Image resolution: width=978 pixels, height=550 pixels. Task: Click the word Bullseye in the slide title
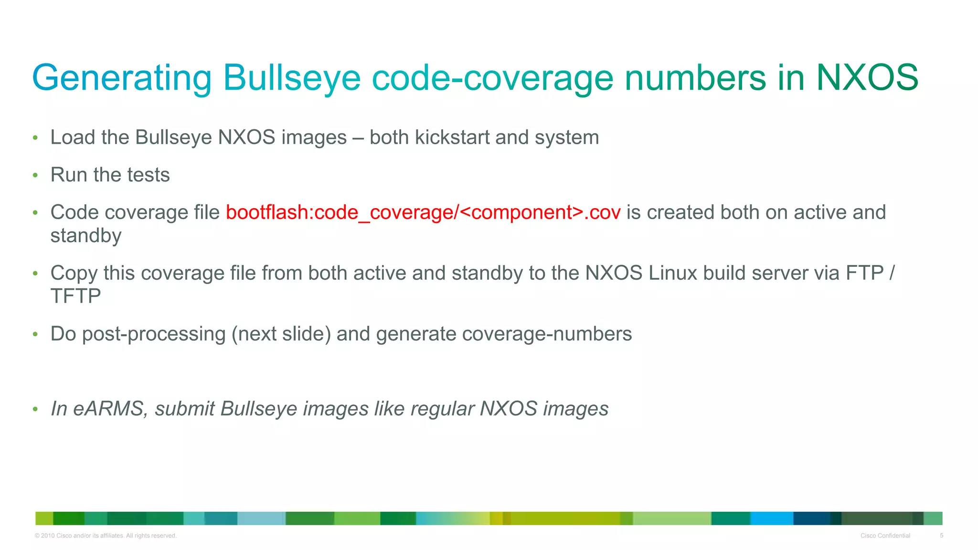tap(292, 78)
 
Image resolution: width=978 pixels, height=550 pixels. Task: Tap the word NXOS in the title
tap(867, 78)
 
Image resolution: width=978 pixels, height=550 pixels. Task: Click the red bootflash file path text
tap(423, 212)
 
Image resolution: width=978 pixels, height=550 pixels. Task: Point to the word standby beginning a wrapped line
tap(86, 236)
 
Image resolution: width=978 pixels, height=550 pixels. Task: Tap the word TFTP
tap(75, 296)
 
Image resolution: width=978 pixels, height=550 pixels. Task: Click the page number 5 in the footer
tap(941, 536)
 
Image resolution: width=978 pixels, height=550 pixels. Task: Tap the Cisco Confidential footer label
tap(885, 536)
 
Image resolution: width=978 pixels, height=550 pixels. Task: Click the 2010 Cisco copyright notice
tap(106, 536)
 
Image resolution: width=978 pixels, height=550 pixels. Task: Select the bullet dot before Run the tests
tap(35, 176)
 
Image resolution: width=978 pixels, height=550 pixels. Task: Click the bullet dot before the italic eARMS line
tap(35, 409)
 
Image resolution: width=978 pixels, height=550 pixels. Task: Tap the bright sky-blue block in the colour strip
tap(771, 518)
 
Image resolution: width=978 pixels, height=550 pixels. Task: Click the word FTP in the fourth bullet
tap(864, 273)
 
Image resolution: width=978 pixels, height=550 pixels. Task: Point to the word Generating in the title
tap(122, 78)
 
